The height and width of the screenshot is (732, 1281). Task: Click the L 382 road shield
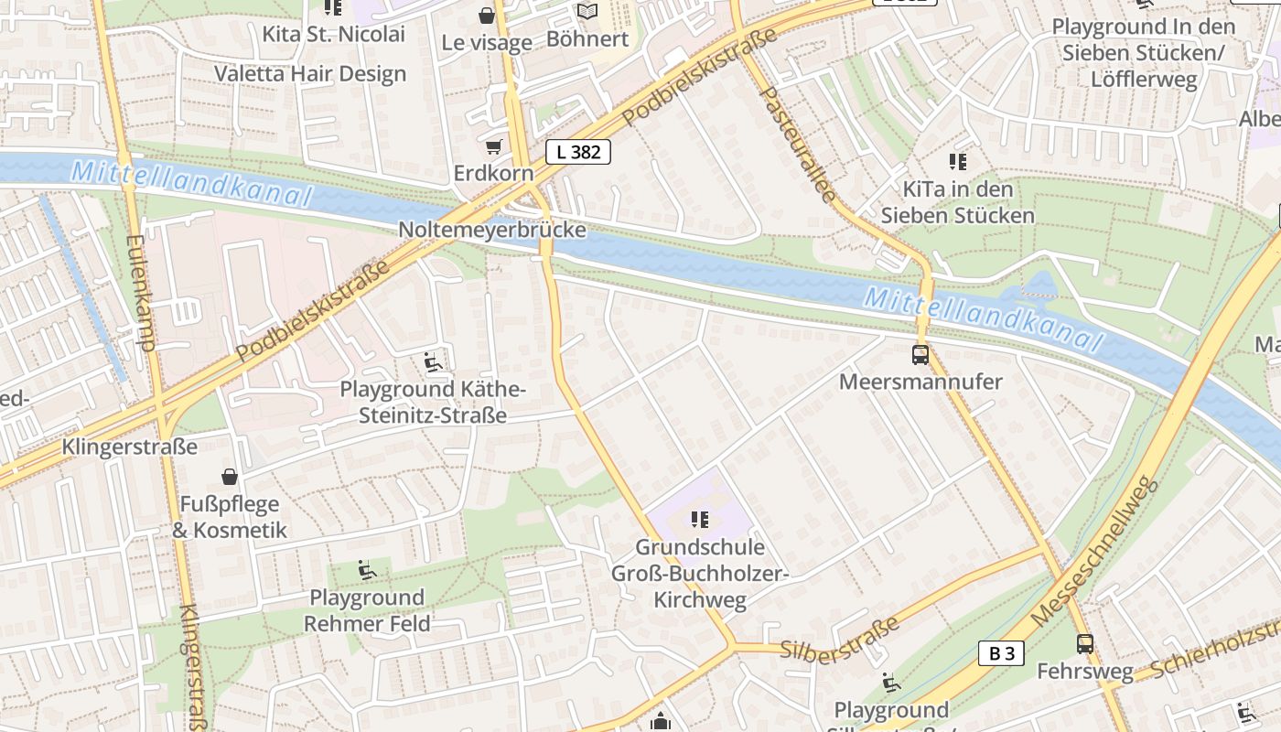pos(578,152)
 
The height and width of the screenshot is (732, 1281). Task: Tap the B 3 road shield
pos(1002,653)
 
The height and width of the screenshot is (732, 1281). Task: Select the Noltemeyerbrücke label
pos(492,230)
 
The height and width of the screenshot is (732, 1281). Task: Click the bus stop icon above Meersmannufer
pos(920,355)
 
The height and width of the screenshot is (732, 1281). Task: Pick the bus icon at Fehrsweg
pos(1085,644)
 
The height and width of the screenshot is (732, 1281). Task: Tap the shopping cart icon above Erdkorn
pos(494,146)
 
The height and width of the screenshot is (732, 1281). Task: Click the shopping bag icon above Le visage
pos(487,16)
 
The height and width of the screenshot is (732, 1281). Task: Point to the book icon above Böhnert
pos(587,12)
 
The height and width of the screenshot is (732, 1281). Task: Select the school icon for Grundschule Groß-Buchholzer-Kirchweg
pos(701,520)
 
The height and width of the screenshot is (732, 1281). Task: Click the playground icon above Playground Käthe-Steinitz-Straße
pos(434,362)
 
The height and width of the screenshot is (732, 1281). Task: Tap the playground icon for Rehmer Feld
pos(367,570)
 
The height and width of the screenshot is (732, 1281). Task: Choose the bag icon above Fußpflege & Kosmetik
pos(230,476)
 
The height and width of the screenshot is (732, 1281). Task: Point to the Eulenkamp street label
pos(141,293)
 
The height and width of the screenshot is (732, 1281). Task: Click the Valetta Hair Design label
pos(310,74)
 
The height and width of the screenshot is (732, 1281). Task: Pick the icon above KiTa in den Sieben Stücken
pos(958,163)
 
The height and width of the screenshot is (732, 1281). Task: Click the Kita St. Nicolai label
pos(333,35)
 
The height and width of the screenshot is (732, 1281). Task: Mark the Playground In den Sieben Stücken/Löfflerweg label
pos(1144,53)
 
